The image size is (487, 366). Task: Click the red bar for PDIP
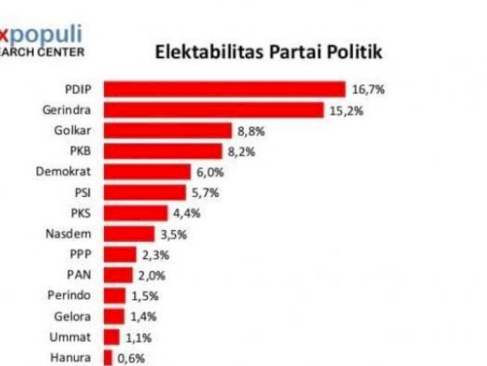[224, 89]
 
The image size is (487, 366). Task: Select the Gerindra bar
[213, 110]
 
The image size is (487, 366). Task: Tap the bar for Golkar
[167, 131]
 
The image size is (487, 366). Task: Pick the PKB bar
[163, 151]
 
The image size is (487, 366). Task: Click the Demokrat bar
[147, 172]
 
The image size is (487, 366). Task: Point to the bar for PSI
[144, 193]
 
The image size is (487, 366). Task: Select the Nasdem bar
[129, 234]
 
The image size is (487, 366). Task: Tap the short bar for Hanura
[108, 358]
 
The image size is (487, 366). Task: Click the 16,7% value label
[368, 90]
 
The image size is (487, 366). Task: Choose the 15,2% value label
[346, 110]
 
